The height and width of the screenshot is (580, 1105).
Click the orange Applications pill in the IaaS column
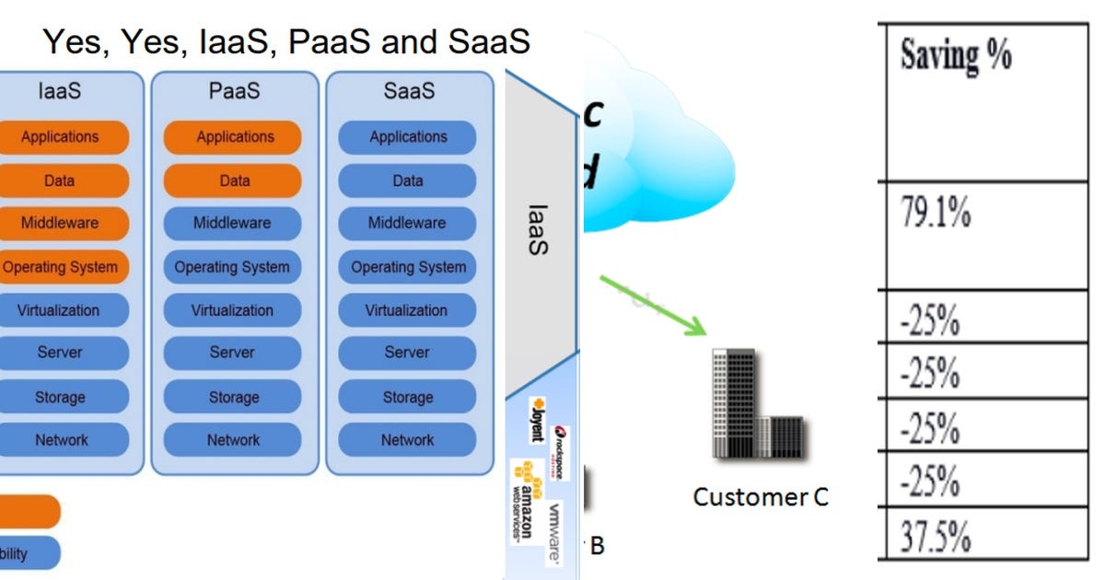[60, 137]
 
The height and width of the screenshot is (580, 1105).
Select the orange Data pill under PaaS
[233, 180]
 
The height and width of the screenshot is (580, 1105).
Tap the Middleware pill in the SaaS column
[407, 223]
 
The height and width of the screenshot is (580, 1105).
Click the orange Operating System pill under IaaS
[61, 267]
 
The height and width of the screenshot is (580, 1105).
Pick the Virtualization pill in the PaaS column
[233, 310]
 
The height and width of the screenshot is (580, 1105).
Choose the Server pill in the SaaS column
[407, 353]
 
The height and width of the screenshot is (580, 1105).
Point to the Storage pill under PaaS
[233, 397]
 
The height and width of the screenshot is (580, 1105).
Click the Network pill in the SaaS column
[407, 440]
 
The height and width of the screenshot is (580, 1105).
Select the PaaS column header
[234, 91]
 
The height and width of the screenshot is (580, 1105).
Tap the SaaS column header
[409, 91]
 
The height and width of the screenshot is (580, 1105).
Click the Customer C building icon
[758, 404]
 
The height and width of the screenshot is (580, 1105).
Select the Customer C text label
[761, 497]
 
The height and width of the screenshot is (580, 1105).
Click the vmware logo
[555, 531]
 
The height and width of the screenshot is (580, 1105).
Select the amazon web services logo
[523, 497]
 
